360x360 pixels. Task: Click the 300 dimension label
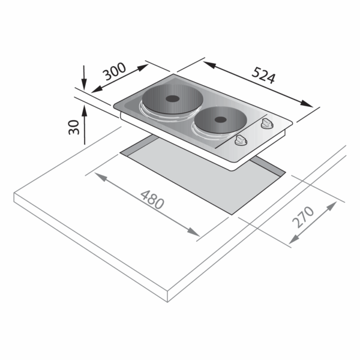pos(114,71)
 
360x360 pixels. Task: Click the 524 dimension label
pos(263,75)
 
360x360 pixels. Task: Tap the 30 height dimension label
pos(74,127)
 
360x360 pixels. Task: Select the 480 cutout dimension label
pos(152,200)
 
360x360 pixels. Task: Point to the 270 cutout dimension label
pos(303,217)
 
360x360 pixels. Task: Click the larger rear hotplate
pos(172,99)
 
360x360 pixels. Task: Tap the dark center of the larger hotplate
pos(173,99)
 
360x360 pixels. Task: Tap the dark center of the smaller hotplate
pos(221,119)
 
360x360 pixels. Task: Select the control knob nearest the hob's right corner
pos(267,123)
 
